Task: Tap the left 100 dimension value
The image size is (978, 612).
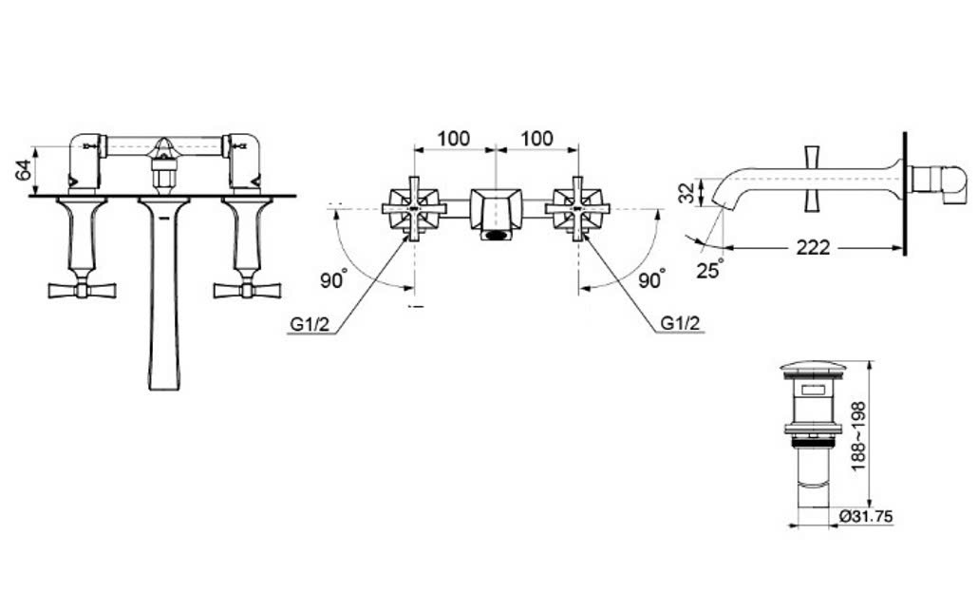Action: [453, 138]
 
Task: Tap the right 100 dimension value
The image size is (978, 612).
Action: [536, 138]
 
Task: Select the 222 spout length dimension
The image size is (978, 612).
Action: [813, 248]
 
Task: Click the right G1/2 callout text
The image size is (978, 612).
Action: [681, 325]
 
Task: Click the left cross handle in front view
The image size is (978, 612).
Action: [82, 289]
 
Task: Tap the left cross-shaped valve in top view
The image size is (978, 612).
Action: [414, 208]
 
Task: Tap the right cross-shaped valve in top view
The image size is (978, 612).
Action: [577, 208]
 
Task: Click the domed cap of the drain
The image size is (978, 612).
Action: [809, 368]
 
